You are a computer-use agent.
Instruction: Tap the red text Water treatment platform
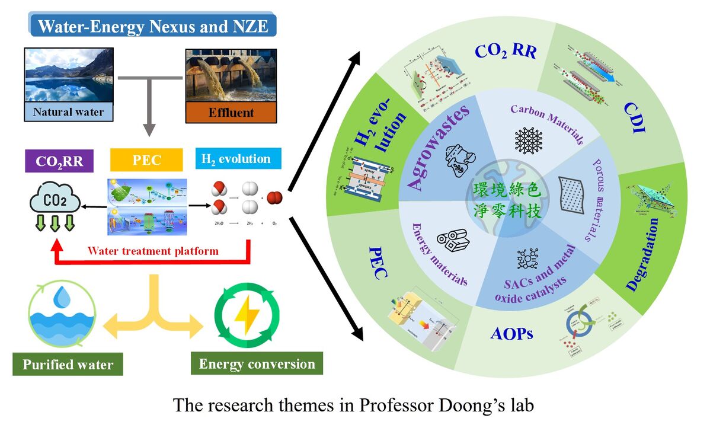tap(153, 251)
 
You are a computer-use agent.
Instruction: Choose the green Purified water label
tap(68, 364)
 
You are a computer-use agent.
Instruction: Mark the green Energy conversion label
tap(257, 363)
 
